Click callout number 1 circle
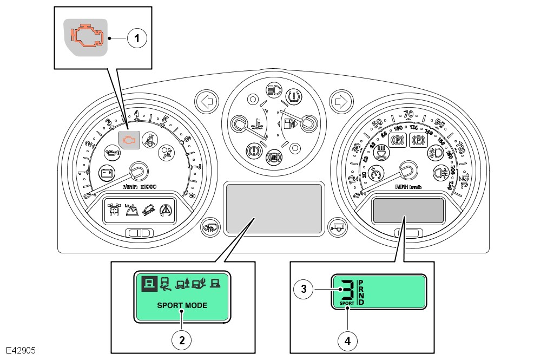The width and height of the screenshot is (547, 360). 137,38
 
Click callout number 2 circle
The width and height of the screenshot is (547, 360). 182,339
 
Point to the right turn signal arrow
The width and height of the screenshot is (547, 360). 341,101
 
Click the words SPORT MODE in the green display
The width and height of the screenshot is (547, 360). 182,305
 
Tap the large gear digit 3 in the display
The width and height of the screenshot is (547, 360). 346,290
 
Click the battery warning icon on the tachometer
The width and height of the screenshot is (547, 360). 107,173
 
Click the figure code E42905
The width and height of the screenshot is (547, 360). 21,351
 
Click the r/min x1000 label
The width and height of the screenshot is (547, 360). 139,187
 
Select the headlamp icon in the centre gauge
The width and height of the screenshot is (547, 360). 273,88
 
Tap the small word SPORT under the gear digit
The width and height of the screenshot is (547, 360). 347,303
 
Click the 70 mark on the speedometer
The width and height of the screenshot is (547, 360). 408,115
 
